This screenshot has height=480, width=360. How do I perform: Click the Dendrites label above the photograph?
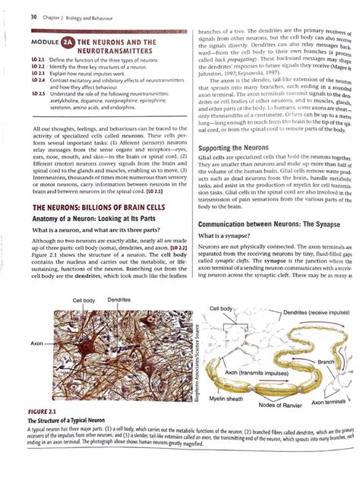coord(120,302)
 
